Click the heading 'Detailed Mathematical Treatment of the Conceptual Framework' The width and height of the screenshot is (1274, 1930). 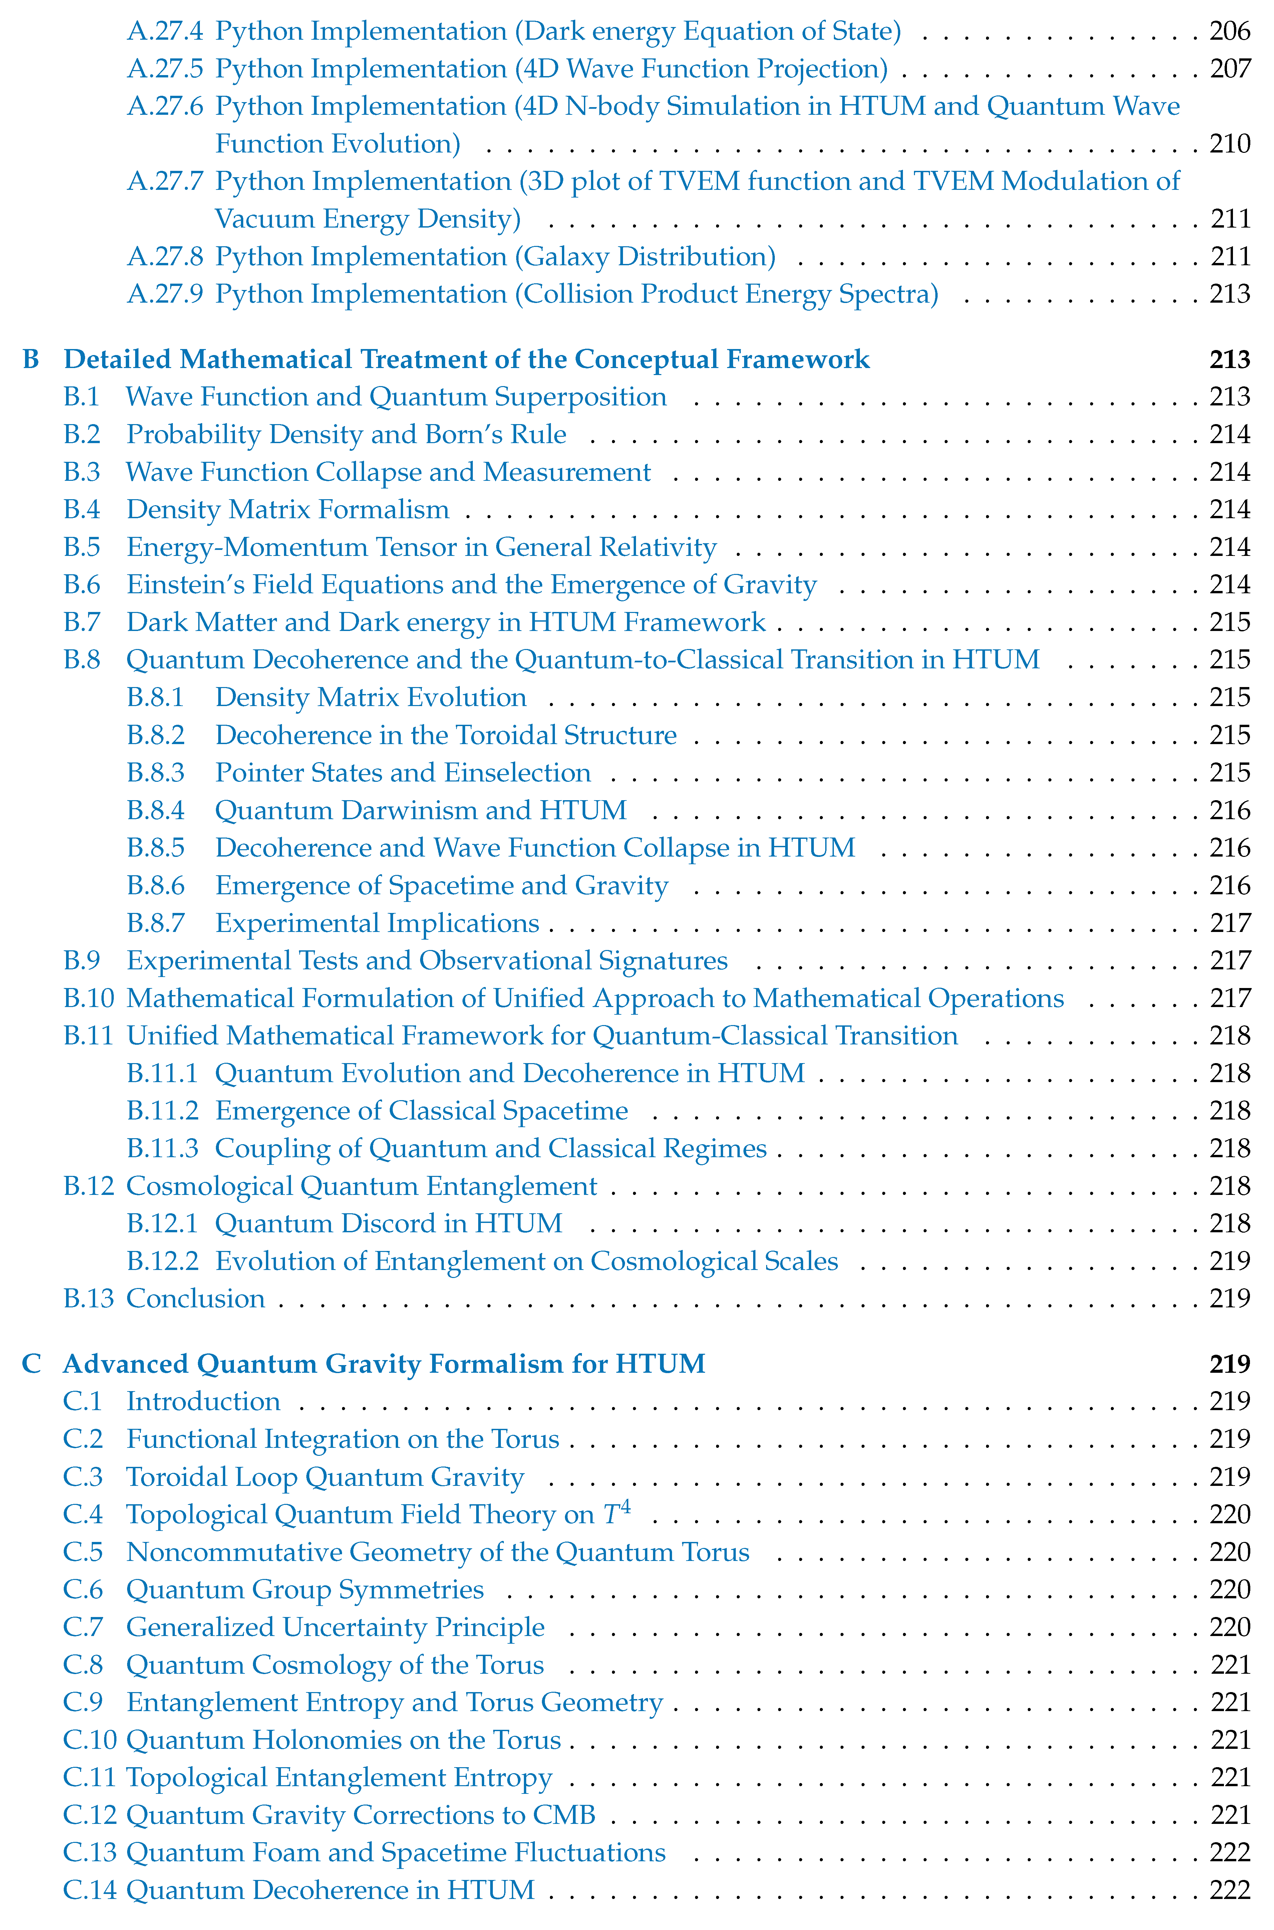coord(466,359)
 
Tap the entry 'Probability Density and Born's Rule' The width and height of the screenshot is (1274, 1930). coord(346,434)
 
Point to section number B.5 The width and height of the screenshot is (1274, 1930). coord(82,548)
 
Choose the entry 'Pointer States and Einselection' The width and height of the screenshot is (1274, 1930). coord(403,772)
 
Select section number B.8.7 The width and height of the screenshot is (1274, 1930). coord(156,924)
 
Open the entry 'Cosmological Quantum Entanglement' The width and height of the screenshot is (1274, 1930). coord(362,1186)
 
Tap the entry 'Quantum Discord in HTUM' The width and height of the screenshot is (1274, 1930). coord(388,1223)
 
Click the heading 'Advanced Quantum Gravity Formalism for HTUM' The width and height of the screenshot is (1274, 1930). coord(384,1364)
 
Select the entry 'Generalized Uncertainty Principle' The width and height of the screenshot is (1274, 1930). coord(336,1627)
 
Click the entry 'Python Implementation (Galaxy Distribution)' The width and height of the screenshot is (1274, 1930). coord(495,257)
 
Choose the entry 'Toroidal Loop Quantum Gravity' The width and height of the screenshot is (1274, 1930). coord(325,1477)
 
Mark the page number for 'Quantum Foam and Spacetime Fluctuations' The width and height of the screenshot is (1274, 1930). coord(1229,1853)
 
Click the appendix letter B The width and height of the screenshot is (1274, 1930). coord(31,359)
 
